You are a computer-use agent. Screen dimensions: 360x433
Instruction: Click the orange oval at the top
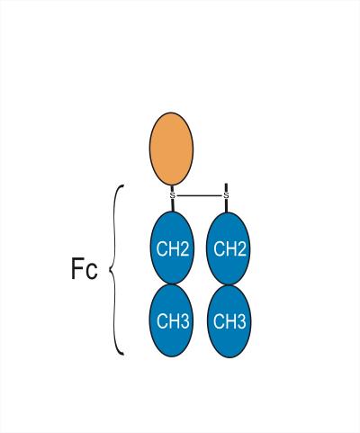pos(171,149)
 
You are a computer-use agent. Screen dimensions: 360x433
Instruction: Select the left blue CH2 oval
pos(172,248)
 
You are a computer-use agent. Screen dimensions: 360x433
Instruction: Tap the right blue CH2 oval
pos(229,248)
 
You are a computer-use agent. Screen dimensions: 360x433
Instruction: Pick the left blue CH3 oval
pos(172,320)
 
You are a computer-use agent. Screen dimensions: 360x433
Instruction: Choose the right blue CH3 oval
pos(229,321)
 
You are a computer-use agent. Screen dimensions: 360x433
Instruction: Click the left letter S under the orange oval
pos(172,195)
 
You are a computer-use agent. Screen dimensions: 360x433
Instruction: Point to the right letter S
pos(226,195)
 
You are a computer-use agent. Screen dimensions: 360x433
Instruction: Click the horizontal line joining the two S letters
pos(199,195)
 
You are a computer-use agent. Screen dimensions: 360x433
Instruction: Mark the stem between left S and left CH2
pos(173,205)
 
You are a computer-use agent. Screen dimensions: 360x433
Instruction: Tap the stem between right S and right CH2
pos(226,205)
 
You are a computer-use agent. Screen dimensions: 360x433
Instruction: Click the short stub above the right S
pos(226,188)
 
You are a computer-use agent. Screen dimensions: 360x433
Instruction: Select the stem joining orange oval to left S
pos(172,189)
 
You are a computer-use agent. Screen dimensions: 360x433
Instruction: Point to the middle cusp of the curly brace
pos(109,271)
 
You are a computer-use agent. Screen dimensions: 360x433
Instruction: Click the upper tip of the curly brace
pos(122,186)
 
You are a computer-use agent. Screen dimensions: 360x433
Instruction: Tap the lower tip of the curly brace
pos(123,355)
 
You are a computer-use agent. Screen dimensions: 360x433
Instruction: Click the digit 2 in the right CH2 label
pos(240,248)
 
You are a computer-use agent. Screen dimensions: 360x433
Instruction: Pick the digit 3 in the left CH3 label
pos(184,321)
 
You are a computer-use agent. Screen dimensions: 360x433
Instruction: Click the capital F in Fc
pos(76,268)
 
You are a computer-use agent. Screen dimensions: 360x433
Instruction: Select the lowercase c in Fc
pos(91,272)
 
